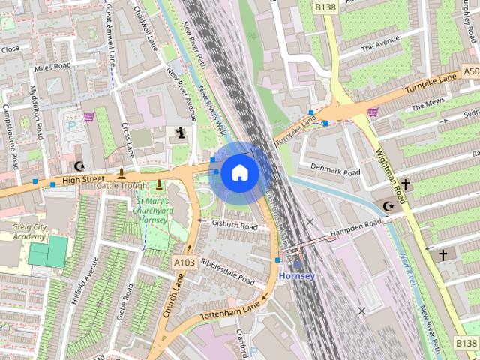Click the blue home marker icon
coord(239,173)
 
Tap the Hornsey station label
coord(297,275)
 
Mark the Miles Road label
coord(52,67)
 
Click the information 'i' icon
coord(180,133)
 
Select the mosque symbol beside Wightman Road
coord(388,206)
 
